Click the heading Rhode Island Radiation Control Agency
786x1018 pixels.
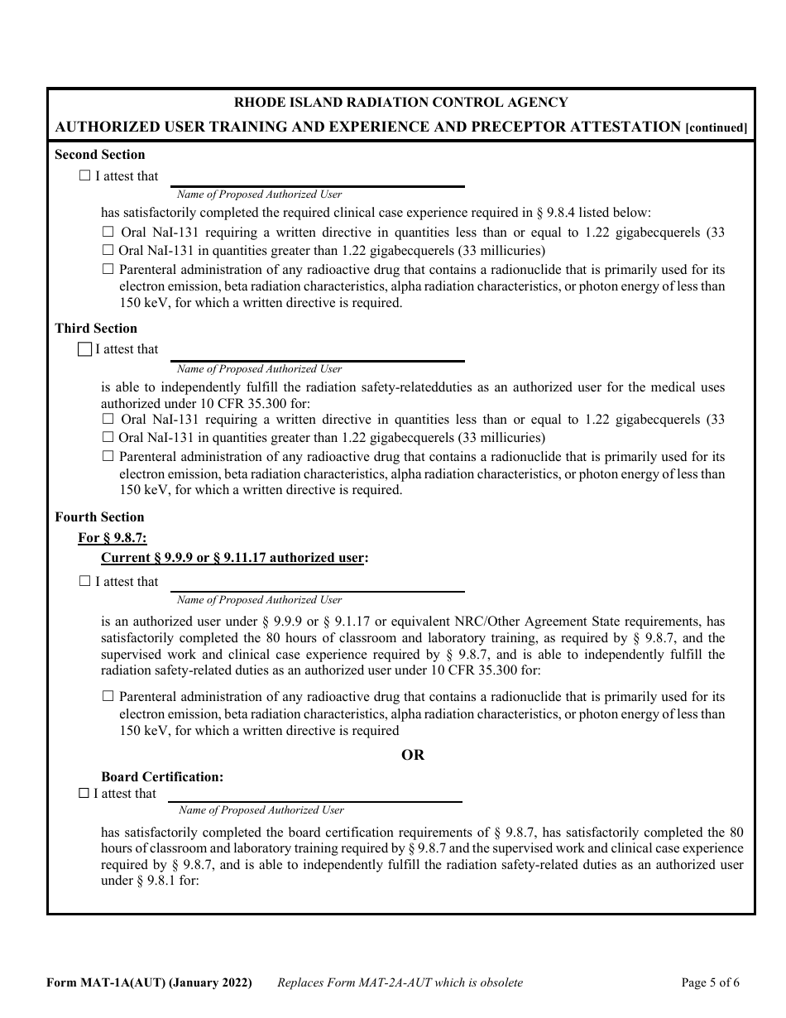click(401, 103)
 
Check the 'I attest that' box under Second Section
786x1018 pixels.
click(84, 175)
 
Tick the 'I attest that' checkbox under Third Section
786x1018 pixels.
click(84, 349)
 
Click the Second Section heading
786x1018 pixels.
click(99, 155)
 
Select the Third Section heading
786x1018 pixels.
click(96, 329)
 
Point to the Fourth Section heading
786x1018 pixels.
click(99, 517)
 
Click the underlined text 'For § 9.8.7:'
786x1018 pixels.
click(113, 538)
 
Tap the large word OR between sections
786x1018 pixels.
click(413, 755)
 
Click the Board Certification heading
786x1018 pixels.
click(162, 777)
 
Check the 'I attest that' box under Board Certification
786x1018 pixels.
click(83, 793)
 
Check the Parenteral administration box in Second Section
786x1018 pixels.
click(108, 269)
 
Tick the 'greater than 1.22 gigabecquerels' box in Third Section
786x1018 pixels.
click(108, 437)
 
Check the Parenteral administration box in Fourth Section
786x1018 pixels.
click(108, 697)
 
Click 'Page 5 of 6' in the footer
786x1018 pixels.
click(710, 983)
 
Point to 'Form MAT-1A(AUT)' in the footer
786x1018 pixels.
click(105, 983)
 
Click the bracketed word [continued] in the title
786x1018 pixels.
click(717, 128)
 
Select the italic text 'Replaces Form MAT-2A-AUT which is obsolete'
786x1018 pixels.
click(400, 983)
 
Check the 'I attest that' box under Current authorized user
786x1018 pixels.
click(84, 581)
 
